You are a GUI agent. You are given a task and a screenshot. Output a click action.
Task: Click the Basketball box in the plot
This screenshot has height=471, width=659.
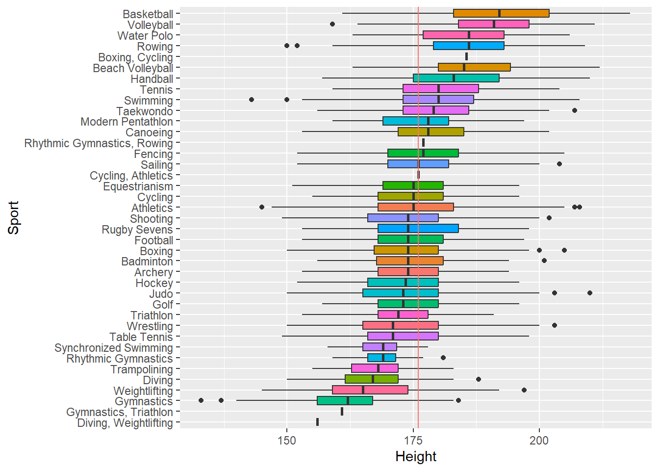click(x=501, y=13)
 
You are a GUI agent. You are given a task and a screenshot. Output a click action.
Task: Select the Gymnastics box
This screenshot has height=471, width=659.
click(x=345, y=400)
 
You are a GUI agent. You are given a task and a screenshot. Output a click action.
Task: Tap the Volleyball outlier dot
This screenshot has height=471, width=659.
click(x=332, y=24)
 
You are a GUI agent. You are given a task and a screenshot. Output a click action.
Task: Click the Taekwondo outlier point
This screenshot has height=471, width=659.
click(x=575, y=110)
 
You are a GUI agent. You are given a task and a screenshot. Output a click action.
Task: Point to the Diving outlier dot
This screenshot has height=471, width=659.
click(x=479, y=379)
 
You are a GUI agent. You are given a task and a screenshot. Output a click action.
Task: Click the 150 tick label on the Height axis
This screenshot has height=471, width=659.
click(x=287, y=440)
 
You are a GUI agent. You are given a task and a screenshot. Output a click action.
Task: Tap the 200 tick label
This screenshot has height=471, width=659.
click(x=539, y=440)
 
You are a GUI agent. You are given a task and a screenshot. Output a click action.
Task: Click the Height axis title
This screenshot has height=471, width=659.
click(x=416, y=457)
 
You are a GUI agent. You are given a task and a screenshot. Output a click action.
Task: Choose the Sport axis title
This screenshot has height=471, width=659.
click(x=14, y=218)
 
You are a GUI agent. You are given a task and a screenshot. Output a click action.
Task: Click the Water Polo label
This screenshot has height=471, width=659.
click(x=145, y=36)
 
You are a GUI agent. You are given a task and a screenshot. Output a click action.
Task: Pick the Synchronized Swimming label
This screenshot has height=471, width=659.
click(x=114, y=348)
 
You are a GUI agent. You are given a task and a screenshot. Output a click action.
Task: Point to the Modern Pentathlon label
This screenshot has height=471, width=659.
click(x=127, y=122)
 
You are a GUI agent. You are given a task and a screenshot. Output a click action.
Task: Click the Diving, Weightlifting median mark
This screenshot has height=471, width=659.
click(x=317, y=422)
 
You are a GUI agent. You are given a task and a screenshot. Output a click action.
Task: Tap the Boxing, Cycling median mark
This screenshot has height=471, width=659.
click(x=466, y=56)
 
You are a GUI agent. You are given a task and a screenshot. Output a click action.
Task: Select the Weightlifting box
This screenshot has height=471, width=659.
click(x=370, y=390)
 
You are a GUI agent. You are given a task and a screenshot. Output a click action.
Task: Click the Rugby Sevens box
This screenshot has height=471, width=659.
click(x=418, y=228)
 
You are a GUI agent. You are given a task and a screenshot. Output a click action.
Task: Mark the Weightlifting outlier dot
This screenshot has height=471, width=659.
click(x=524, y=390)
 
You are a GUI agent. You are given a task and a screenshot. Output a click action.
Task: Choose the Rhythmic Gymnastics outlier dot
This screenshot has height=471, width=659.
click(x=443, y=358)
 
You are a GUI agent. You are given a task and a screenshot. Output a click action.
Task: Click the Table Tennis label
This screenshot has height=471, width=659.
click(x=141, y=337)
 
